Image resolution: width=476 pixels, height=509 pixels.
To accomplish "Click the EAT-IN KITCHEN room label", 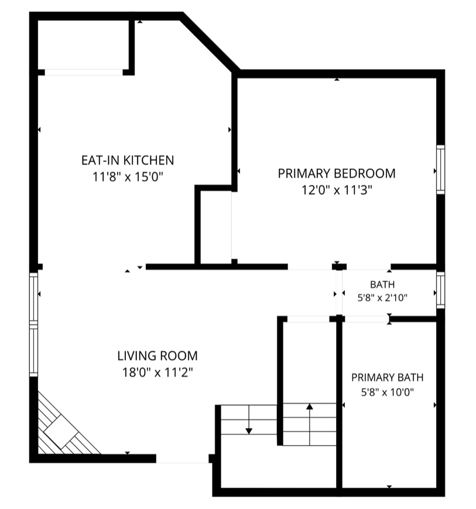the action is pos(128,160).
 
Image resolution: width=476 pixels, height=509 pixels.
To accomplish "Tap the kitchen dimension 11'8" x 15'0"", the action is pos(128,177).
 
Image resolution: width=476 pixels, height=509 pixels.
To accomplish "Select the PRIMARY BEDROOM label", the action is pos(337,174).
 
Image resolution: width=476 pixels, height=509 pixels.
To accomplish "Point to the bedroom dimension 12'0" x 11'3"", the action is pos(337,190).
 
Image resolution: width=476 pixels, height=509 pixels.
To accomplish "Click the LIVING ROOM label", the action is pos(157,356).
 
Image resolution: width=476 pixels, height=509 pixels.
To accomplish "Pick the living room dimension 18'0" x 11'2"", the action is pos(157,372).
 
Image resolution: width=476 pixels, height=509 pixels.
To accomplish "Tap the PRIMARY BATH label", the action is pos(387,377).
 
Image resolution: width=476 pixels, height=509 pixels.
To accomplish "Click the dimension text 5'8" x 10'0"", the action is pos(387,392).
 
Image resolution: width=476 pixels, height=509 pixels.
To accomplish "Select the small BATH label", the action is pos(382,284).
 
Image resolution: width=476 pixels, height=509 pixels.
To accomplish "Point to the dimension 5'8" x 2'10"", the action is pos(382,297).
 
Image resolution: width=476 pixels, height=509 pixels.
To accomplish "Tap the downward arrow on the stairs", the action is pos(248,419).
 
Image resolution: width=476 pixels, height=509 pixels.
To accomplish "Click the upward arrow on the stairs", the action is pos(310,424).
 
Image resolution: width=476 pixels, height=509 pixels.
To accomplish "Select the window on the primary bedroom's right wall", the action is pos(440,169).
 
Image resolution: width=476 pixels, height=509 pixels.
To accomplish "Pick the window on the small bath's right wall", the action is pos(440,290).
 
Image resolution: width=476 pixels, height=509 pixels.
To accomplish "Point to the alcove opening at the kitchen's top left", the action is pos(84,72).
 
